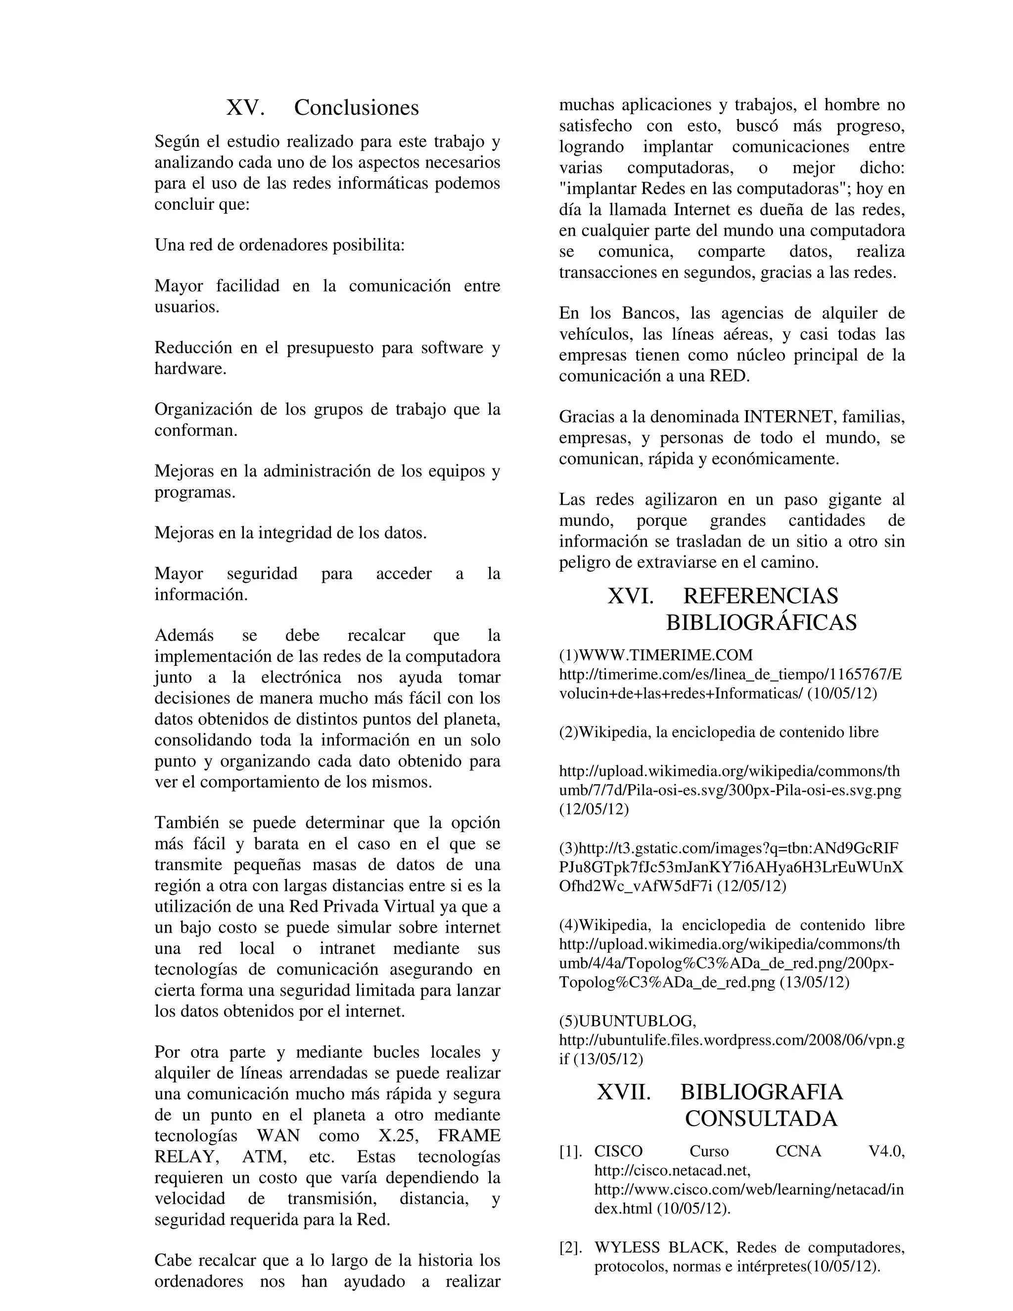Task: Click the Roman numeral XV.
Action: point(245,108)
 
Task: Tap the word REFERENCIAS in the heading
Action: point(760,596)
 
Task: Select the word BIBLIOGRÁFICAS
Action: point(761,622)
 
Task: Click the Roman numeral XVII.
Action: point(624,1092)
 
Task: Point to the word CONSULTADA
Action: point(761,1119)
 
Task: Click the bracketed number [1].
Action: point(571,1151)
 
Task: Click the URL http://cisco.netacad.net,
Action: point(672,1171)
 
